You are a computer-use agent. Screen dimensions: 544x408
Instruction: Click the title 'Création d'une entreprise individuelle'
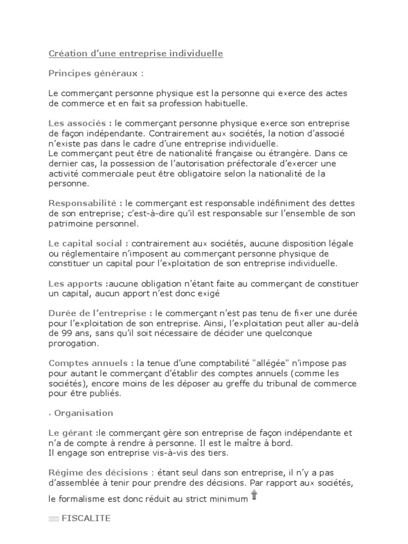[135, 54]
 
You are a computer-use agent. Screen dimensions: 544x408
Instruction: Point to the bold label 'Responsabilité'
[86, 203]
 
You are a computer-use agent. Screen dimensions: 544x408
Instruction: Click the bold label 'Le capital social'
[88, 243]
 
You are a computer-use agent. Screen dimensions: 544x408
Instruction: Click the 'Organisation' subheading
[84, 413]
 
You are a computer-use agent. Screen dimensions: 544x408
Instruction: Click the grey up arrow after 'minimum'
[254, 495]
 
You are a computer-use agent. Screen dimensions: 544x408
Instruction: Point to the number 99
[54, 333]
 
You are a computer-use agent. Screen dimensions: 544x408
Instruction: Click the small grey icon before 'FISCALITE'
[54, 519]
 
